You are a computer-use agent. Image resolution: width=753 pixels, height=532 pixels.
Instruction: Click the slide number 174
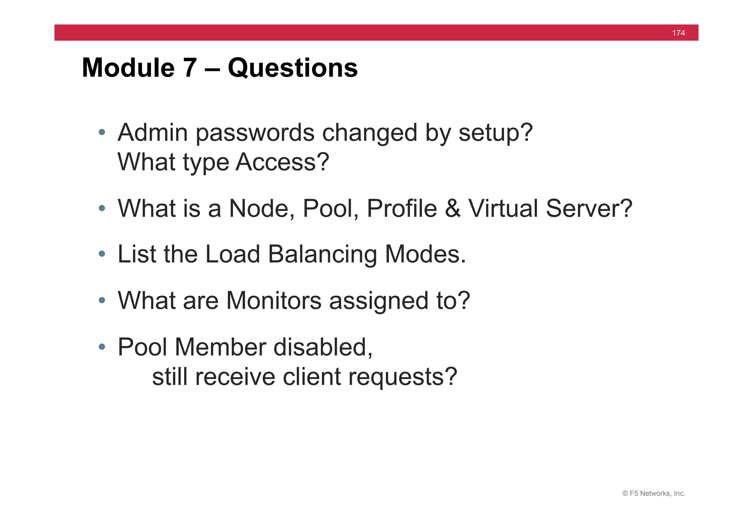[x=678, y=33]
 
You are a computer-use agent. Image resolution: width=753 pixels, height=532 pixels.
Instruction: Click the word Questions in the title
[x=293, y=68]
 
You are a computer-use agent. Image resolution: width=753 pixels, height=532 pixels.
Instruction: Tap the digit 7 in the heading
[x=190, y=68]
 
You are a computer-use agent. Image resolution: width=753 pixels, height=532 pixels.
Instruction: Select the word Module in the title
[x=128, y=68]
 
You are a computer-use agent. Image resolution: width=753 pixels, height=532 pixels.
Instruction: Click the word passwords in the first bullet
[x=255, y=133]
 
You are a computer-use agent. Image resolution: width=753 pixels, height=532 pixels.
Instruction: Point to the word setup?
[x=495, y=133]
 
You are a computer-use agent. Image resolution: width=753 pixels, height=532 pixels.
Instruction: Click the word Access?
[x=282, y=162]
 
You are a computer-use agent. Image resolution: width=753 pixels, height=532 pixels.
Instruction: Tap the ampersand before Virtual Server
[x=452, y=208]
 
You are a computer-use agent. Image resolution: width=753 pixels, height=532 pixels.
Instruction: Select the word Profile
[x=402, y=208]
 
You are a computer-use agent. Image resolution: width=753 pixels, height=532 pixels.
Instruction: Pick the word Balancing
[x=322, y=254]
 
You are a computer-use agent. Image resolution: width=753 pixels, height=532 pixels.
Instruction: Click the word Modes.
[x=425, y=254]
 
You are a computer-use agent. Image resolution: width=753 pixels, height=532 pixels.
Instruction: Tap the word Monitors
[x=274, y=301]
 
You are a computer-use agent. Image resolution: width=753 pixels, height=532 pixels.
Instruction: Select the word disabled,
[x=323, y=347]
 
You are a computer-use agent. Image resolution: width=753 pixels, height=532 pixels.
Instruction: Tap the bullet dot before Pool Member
[x=102, y=347]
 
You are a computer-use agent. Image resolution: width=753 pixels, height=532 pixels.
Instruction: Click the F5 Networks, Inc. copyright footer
[x=653, y=494]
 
